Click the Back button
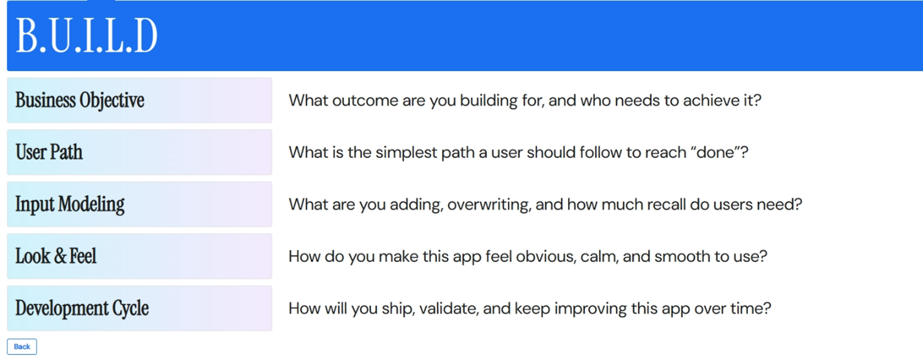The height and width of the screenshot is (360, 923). [x=22, y=346]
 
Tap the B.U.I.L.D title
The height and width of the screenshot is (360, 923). [x=86, y=36]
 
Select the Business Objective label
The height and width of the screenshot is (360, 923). [x=79, y=101]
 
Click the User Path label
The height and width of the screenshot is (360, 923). [x=49, y=152]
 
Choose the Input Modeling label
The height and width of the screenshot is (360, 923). [x=70, y=205]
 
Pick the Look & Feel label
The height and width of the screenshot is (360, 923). [x=56, y=255]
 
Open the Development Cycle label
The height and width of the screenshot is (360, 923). [x=82, y=308]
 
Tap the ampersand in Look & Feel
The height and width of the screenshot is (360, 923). [x=60, y=256]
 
